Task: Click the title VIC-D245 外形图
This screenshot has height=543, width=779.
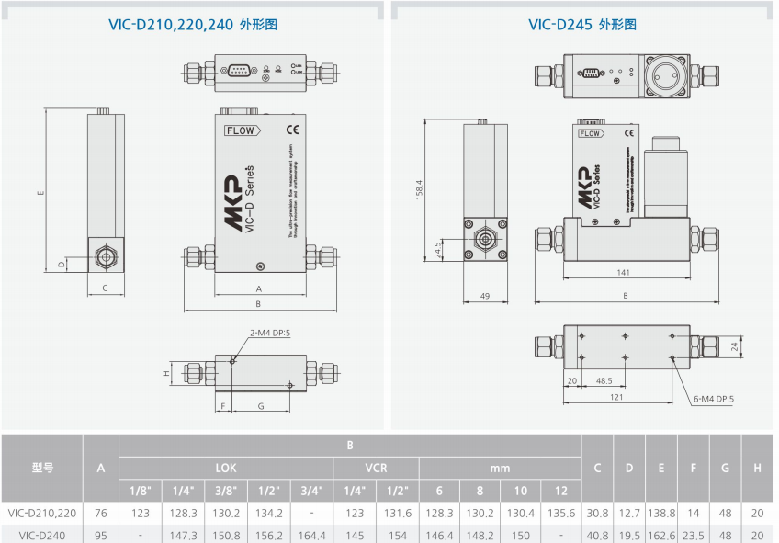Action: coord(582,25)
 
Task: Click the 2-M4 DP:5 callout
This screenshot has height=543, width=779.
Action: coord(270,333)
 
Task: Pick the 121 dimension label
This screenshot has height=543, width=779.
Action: coord(615,398)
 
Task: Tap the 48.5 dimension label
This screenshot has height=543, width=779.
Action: coord(604,379)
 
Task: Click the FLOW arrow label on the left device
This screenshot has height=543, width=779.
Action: coord(242,130)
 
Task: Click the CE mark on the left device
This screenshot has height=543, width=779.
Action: coord(293,129)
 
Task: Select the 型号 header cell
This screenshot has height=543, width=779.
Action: coord(42,468)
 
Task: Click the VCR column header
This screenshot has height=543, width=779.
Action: coord(376,468)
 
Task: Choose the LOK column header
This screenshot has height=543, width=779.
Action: coord(226,468)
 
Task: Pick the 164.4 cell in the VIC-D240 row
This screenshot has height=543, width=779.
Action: coord(311,535)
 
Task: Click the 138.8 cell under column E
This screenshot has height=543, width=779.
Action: coord(660,513)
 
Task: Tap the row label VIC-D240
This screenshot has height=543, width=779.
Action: coord(42,535)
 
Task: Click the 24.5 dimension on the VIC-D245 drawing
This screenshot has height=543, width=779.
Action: coord(439,250)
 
